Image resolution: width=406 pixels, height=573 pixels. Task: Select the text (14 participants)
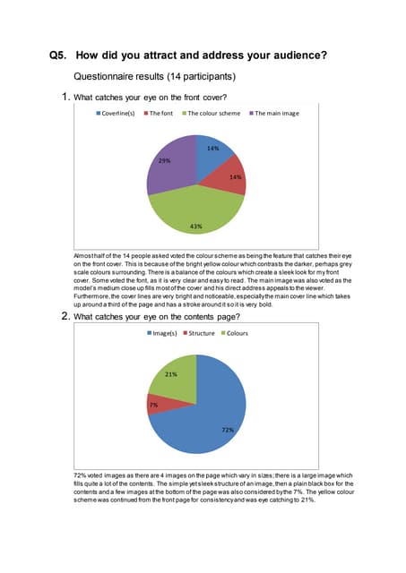tap(198, 77)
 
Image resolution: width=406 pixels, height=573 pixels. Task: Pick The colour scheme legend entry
tap(214, 114)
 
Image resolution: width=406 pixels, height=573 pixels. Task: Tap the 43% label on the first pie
tap(195, 226)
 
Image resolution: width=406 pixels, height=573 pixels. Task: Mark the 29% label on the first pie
tap(164, 160)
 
